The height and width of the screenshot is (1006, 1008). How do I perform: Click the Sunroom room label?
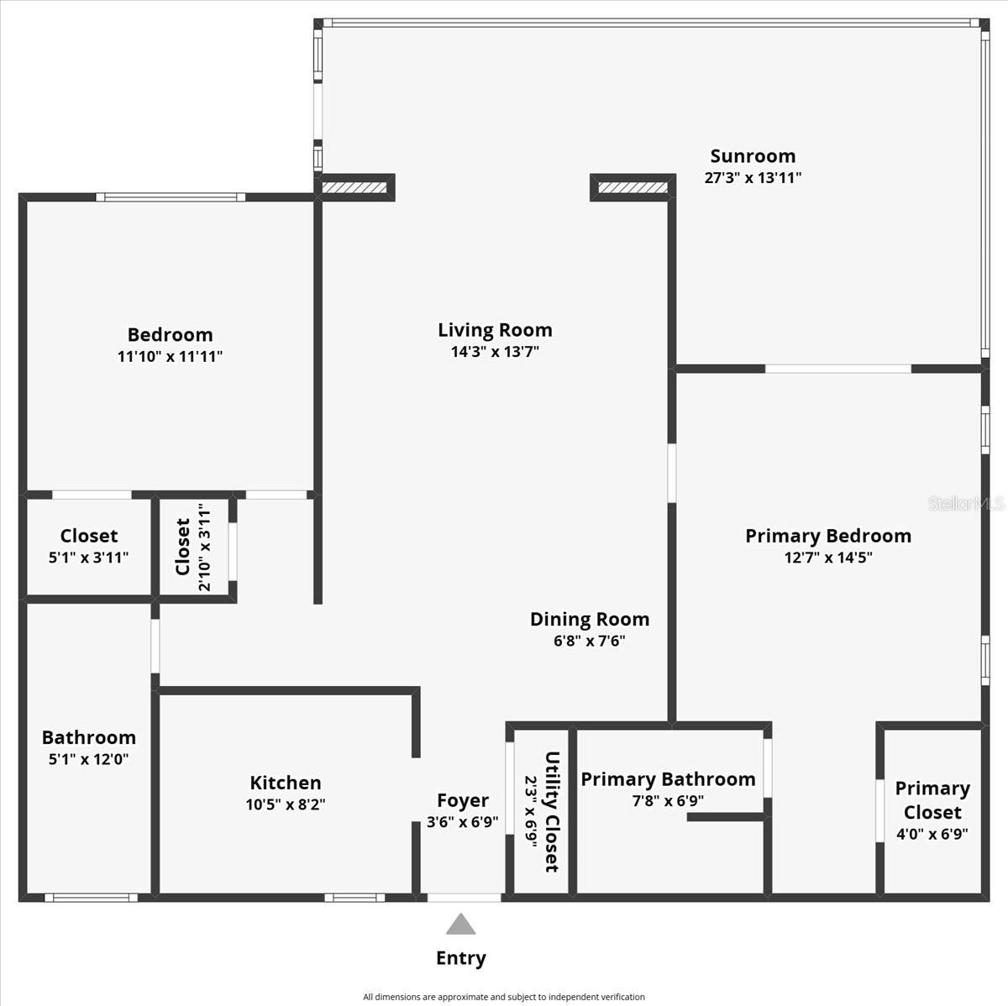753,156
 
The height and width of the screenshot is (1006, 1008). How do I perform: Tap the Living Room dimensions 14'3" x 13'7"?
495,352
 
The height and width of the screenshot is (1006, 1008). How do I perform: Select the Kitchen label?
286,783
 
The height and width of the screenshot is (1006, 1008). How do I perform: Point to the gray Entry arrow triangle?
460,925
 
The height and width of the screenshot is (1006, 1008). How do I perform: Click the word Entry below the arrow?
460,958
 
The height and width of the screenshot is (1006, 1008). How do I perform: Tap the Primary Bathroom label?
668,779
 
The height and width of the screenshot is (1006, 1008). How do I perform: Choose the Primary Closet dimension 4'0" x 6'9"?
932,835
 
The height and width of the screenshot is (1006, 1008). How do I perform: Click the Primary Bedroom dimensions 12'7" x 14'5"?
828,558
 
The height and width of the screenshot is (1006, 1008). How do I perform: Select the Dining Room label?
590,620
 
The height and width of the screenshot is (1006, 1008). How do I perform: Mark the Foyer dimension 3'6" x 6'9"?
462,823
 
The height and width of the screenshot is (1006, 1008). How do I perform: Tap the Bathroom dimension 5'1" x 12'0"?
88,759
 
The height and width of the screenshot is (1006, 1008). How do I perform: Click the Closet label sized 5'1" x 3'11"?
89,536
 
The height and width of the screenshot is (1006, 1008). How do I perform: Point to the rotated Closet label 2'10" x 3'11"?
182,547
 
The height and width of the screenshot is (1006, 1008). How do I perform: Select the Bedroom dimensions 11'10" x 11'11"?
170,356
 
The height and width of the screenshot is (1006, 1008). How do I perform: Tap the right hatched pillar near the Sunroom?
633,187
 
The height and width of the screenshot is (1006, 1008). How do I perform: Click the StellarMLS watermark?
965,504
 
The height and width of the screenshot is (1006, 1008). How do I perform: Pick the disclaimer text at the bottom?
504,997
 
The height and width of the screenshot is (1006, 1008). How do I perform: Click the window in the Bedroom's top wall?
171,197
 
